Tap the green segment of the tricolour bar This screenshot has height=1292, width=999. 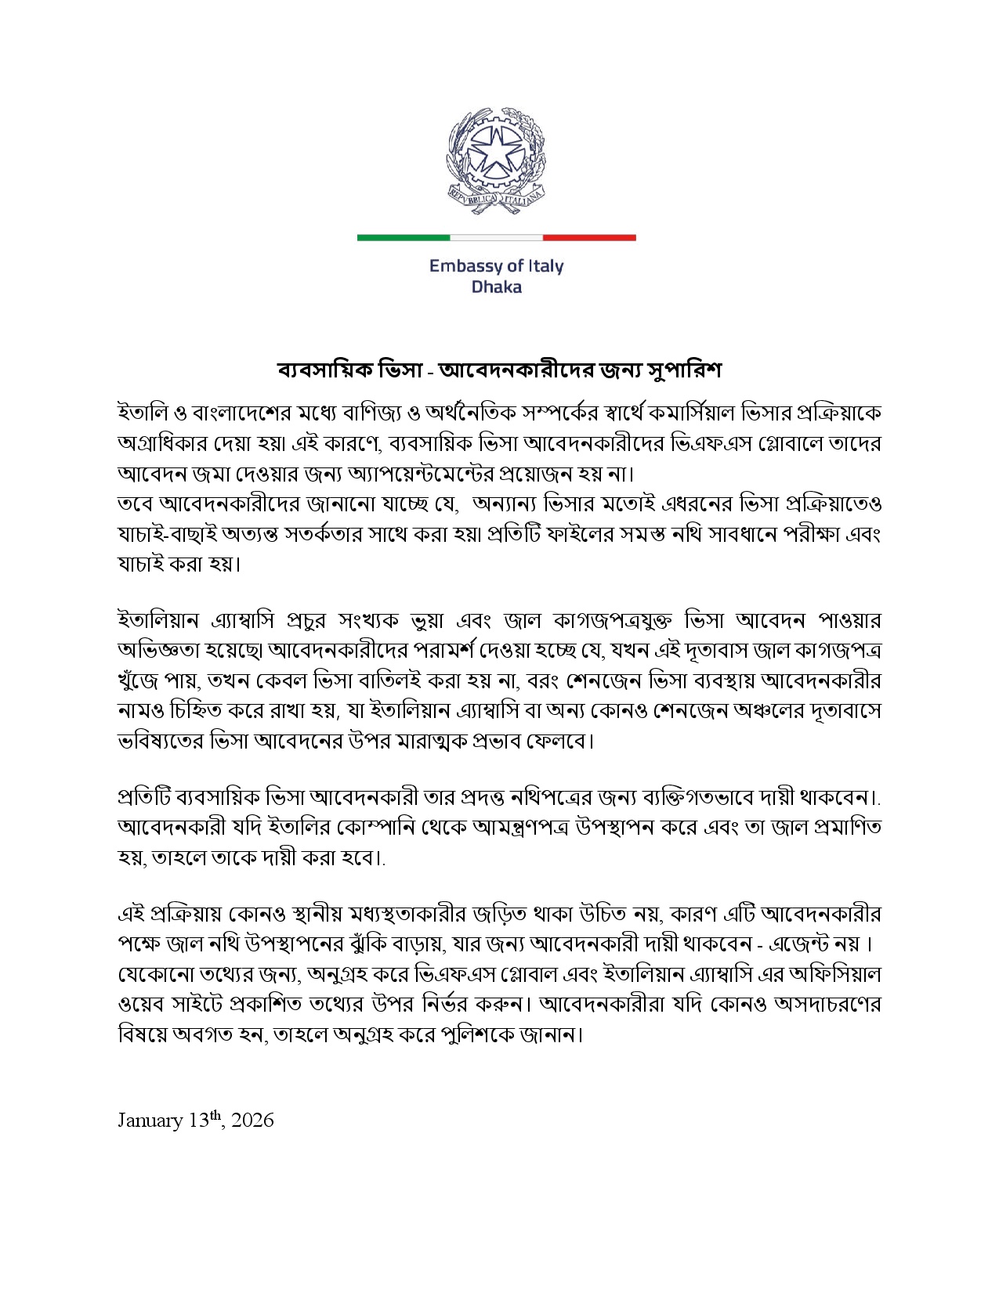403,236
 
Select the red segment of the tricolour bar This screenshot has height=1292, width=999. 589,236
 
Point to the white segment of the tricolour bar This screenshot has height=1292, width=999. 496,236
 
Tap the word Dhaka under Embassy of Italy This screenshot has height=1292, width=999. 496,287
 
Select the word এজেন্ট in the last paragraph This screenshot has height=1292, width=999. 802,944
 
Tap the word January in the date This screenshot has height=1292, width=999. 150,1121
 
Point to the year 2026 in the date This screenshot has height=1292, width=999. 253,1121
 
